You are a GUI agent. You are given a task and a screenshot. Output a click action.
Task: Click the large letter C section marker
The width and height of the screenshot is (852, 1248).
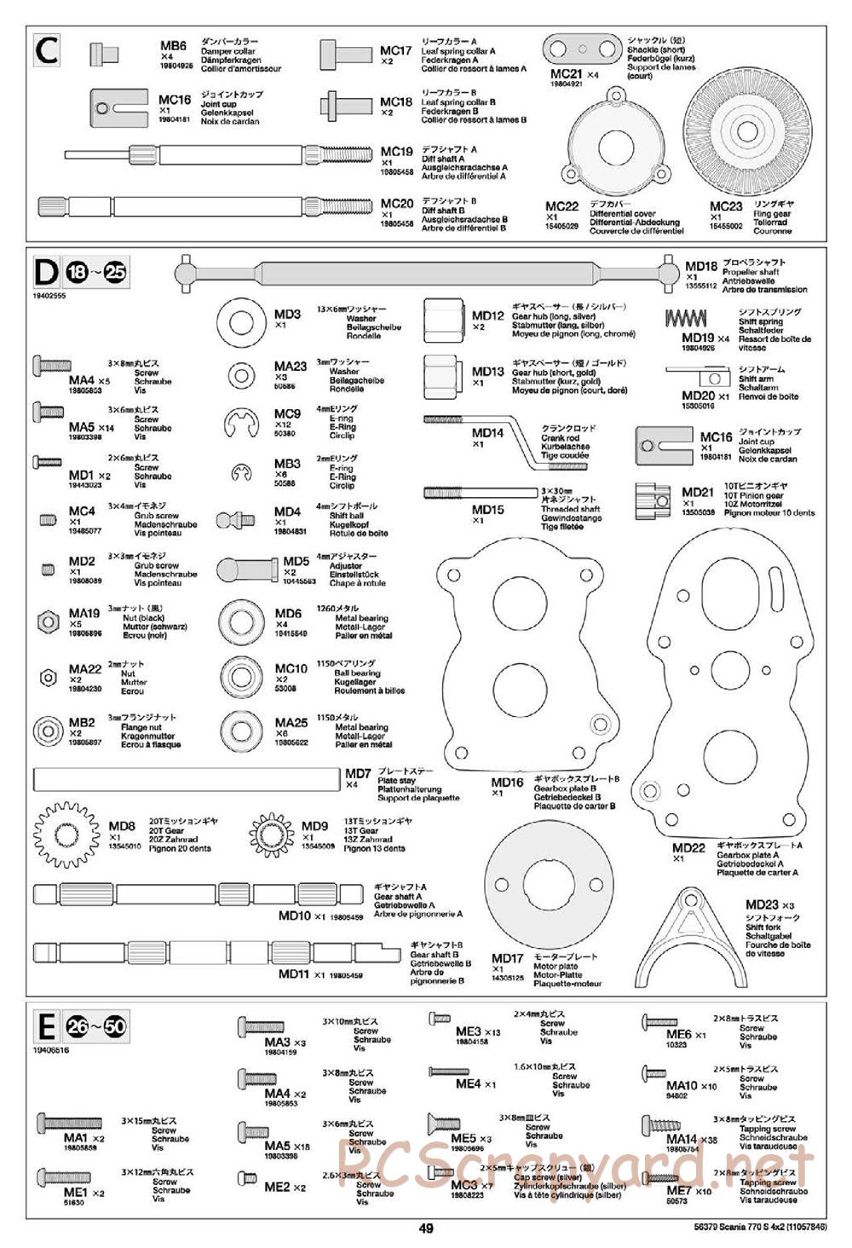click(x=47, y=53)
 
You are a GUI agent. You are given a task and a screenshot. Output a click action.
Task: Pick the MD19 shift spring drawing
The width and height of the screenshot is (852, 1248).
click(x=686, y=319)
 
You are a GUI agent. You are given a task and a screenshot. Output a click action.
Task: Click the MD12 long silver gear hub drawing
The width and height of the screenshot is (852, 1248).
click(x=445, y=321)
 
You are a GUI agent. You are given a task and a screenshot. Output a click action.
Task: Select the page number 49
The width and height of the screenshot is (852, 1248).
click(x=426, y=1228)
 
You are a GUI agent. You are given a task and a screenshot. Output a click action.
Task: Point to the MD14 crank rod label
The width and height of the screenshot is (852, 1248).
click(x=488, y=433)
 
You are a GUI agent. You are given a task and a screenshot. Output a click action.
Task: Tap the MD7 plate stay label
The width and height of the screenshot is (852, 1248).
click(x=358, y=774)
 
